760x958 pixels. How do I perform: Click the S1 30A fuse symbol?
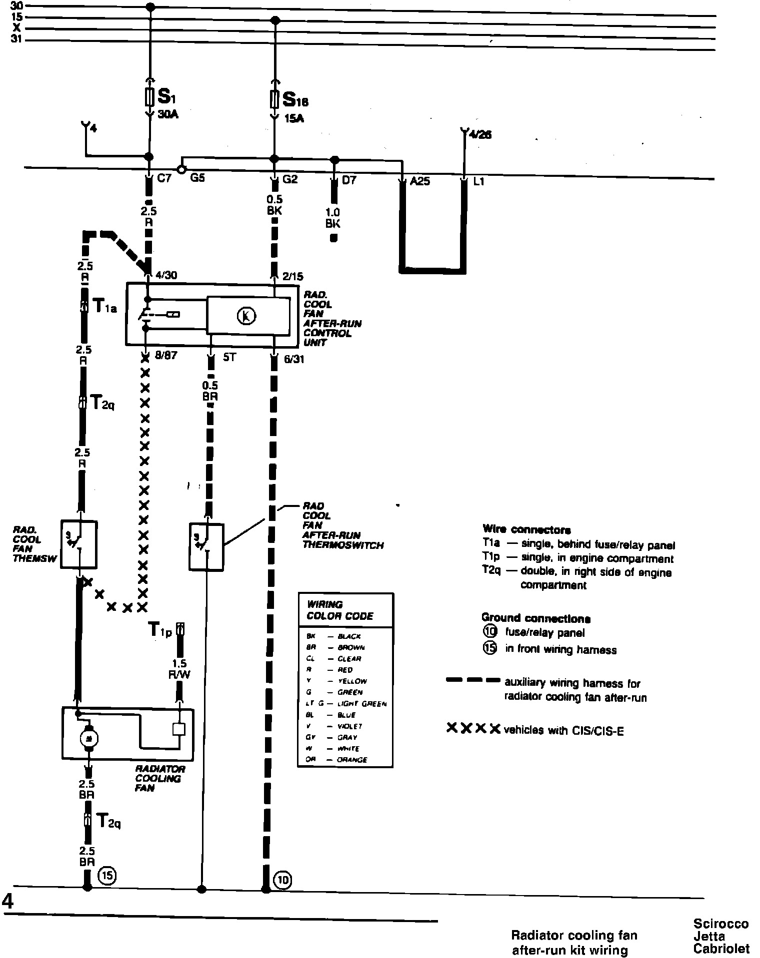(149, 97)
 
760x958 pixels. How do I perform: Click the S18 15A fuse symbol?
(274, 99)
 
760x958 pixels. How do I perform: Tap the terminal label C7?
(164, 178)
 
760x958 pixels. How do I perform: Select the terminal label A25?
(419, 181)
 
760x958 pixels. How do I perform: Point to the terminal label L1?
(478, 182)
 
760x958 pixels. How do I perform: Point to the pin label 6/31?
(293, 359)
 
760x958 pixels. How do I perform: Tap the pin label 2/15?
(292, 276)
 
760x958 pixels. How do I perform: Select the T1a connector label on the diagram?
(104, 305)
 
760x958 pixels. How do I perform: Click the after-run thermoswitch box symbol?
(206, 546)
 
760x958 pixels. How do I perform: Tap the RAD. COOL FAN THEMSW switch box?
(78, 544)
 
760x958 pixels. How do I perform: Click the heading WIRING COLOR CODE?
(340, 610)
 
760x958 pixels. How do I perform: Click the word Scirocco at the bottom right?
(720, 924)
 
